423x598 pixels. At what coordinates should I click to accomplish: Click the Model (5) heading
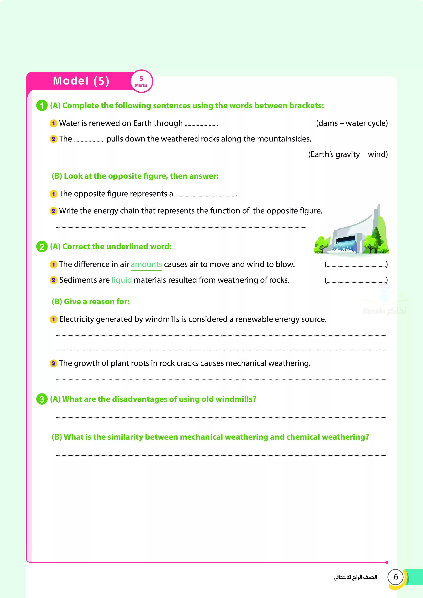(81, 81)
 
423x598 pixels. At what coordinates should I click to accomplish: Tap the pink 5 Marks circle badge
(141, 81)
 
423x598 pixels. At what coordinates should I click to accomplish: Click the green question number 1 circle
(42, 106)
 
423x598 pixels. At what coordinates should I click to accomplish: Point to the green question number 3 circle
(42, 399)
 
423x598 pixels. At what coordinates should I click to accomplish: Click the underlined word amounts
(146, 264)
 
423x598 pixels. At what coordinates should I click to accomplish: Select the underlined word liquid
(122, 280)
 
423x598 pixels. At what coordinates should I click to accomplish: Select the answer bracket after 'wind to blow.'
(356, 265)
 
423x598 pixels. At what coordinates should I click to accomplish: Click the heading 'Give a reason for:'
(91, 302)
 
